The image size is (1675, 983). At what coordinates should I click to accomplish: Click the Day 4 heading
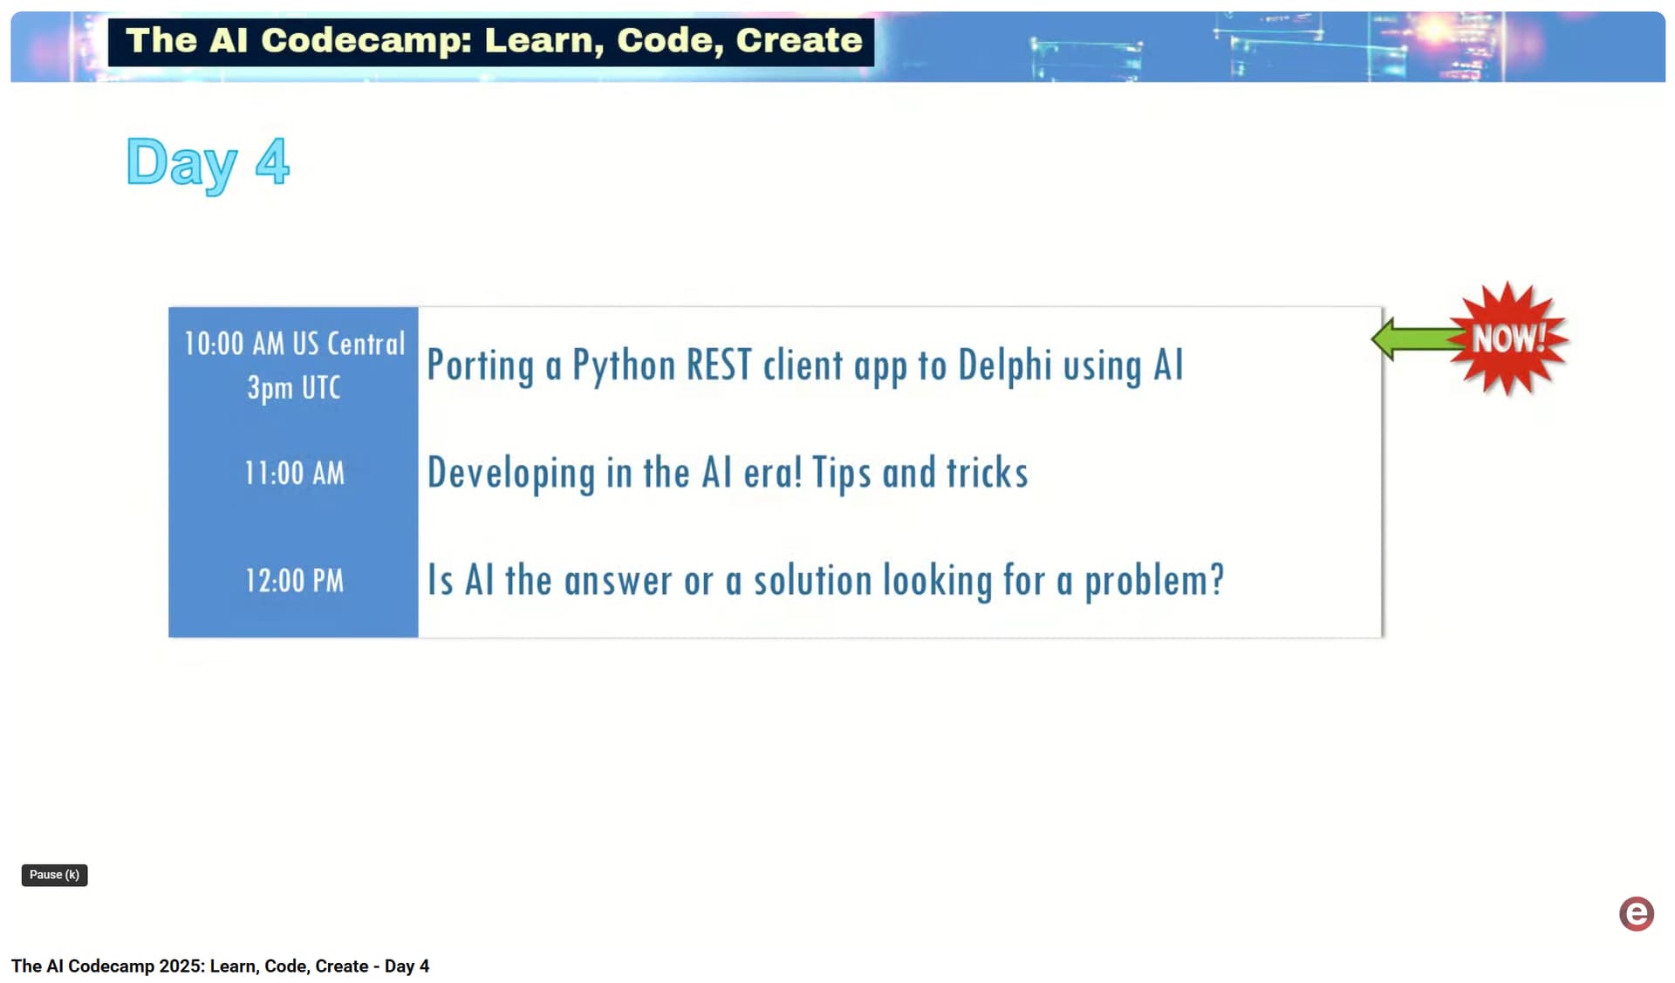coord(208,163)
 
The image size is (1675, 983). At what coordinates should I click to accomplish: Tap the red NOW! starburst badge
coord(1509,338)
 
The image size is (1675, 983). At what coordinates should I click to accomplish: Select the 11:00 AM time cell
coord(294,473)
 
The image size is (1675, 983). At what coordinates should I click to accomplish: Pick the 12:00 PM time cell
coord(294,580)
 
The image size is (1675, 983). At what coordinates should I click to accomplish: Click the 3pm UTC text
coord(294,387)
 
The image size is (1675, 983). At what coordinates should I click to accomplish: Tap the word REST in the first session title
coord(719,365)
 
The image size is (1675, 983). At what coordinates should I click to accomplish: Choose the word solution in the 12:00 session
coord(813,580)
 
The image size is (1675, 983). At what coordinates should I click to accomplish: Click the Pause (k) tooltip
coord(54,875)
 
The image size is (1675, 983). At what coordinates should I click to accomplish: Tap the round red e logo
coord(1637,913)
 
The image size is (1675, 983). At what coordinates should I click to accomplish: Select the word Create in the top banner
coord(799,40)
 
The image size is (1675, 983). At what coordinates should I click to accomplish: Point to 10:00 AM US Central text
coord(294,344)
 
